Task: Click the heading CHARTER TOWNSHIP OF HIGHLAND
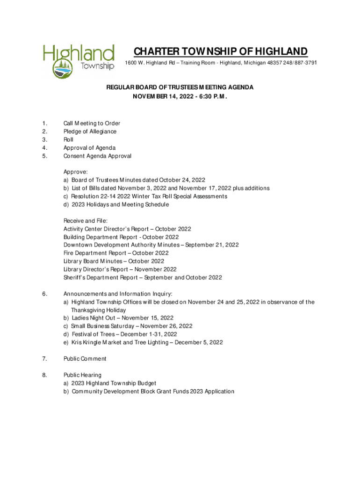(220, 51)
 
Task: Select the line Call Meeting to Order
(92, 123)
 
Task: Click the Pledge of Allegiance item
(90, 131)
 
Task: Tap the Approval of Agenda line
(89, 148)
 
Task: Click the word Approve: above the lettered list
(75, 172)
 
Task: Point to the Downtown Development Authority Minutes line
(151, 245)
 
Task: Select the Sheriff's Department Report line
(143, 277)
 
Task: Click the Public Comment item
(85, 359)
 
